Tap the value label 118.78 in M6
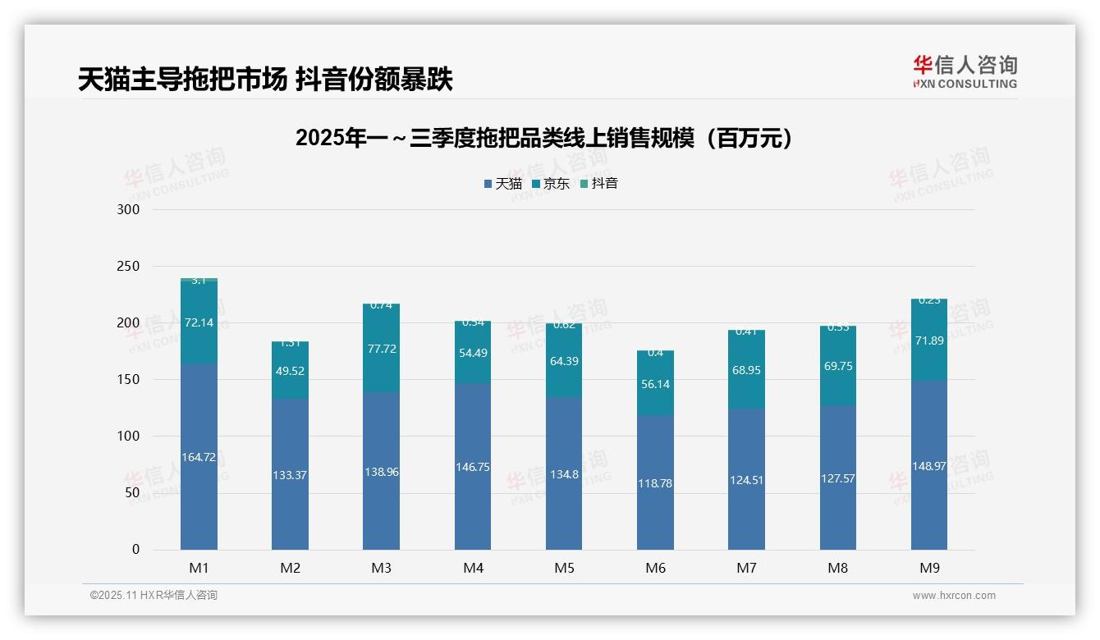655,483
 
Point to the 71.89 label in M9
929,341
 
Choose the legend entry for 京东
551,183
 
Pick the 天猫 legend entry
502,183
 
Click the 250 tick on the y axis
130,267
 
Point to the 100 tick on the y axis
130,437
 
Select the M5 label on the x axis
564,568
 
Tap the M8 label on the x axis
837,568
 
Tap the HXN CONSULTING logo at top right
965,71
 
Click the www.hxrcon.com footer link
954,596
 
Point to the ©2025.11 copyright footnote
154,595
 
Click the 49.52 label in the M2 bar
291,371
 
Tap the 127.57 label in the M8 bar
837,478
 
